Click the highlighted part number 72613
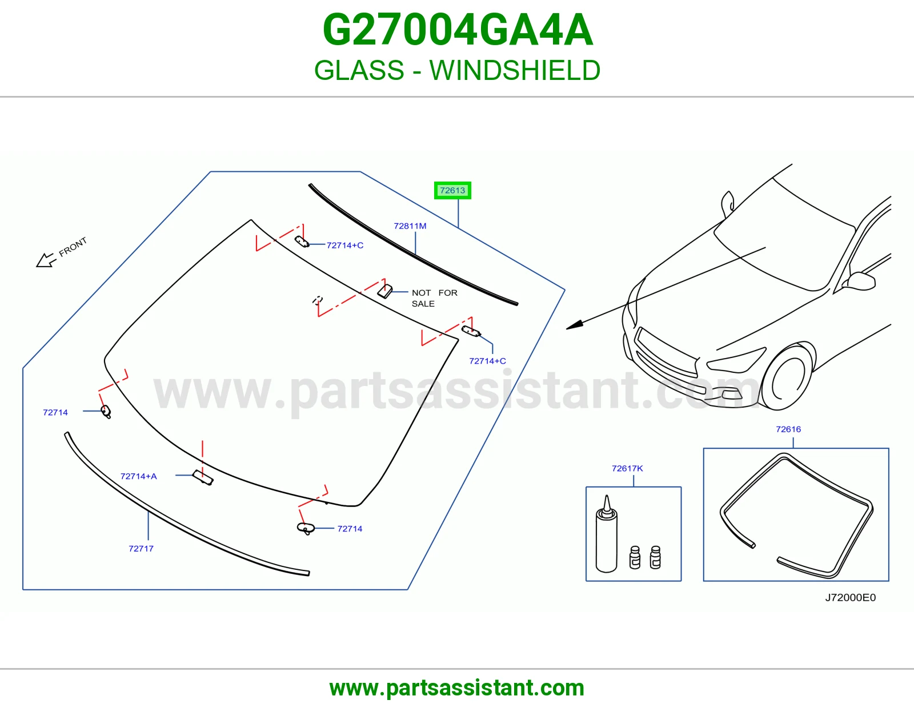pos(452,191)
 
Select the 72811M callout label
pos(410,226)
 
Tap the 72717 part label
pos(141,548)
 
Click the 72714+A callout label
pos(138,476)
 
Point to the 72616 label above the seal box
pos(788,429)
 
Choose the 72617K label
pos(627,468)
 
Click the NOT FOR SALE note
pos(435,298)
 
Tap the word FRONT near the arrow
pos(73,247)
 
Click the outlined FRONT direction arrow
pos(46,260)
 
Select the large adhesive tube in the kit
pos(606,534)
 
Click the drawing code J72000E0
pos(850,597)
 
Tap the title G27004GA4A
pos(458,30)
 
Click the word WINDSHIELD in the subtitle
pos(515,70)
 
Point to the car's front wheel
pos(787,376)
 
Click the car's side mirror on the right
pos(861,281)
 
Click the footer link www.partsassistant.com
pos(457,688)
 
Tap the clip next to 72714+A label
pos(203,477)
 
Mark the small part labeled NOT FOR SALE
pos(385,291)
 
